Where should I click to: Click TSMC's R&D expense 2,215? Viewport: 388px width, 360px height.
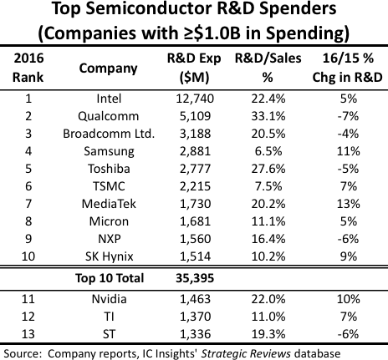coord(197,185)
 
